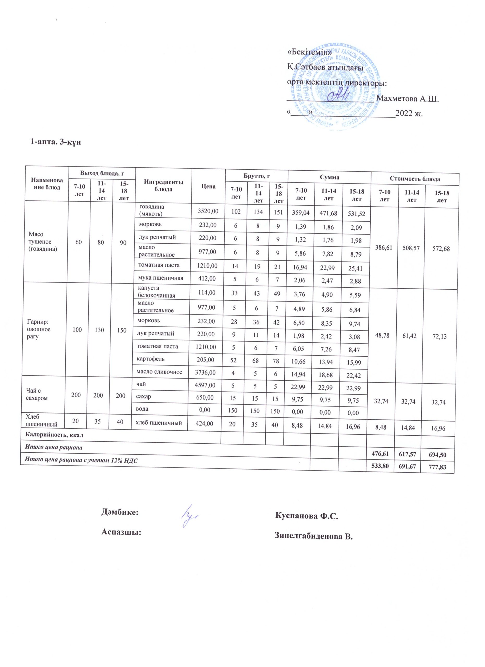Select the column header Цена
tap(208, 186)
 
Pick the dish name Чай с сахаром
tap(37, 394)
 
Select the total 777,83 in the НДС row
tap(437, 467)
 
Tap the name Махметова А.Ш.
tap(408, 98)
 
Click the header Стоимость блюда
tap(415, 179)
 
